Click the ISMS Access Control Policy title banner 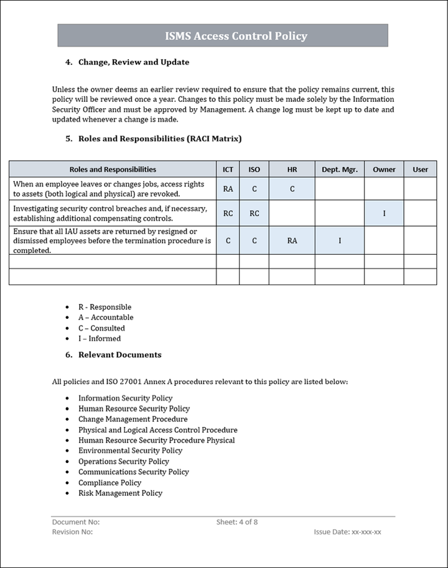(x=223, y=36)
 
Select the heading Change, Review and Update (x=133, y=62)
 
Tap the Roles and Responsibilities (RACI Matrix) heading (x=159, y=139)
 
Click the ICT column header (x=228, y=169)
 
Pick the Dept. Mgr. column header (x=340, y=169)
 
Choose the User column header (x=420, y=169)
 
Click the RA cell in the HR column (x=292, y=241)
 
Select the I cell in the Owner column (x=384, y=213)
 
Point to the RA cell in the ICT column (x=228, y=189)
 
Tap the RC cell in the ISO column (x=254, y=213)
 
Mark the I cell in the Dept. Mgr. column (x=340, y=241)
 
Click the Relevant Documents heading (x=119, y=355)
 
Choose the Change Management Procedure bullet (x=133, y=419)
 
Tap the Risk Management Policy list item (x=120, y=493)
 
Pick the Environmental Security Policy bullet (x=130, y=451)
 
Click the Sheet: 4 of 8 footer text (x=237, y=522)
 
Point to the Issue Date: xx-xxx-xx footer (x=348, y=533)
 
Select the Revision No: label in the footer (x=72, y=533)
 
